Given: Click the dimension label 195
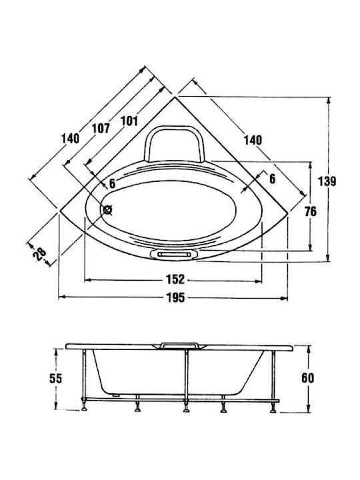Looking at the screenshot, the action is (x=176, y=297).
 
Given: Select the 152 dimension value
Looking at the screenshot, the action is (x=175, y=279).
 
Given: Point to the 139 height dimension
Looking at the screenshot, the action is (x=327, y=181).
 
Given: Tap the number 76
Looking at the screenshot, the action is (x=311, y=211).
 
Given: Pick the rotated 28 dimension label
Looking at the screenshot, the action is (x=40, y=254).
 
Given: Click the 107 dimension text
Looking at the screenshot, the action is (x=101, y=128).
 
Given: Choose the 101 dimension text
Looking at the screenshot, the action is (x=129, y=121).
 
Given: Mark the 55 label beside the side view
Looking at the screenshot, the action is (x=56, y=379).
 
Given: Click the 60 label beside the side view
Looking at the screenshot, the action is (x=307, y=378).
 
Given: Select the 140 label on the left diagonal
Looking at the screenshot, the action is (x=71, y=139).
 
